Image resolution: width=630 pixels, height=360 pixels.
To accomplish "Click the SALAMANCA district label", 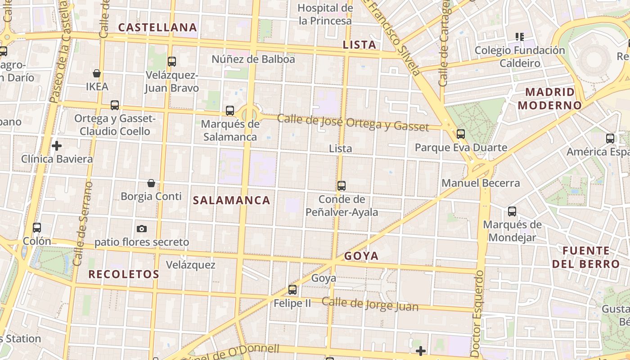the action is point(232,201).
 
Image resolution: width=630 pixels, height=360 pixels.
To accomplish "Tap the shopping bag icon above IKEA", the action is point(97,73).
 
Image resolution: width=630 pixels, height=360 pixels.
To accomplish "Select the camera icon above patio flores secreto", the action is point(142,229).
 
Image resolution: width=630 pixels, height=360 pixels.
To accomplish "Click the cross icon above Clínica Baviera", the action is point(57,146).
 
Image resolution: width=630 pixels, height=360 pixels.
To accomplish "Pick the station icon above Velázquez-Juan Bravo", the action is point(171,62).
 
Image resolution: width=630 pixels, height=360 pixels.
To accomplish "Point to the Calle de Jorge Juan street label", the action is point(370,305).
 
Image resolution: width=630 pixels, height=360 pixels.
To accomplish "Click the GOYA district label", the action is point(361,256).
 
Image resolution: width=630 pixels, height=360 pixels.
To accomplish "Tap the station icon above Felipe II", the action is point(292,290).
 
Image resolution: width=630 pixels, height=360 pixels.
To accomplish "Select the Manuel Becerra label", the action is point(481,183).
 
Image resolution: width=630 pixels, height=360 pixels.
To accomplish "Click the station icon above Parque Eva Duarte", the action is point(460,134).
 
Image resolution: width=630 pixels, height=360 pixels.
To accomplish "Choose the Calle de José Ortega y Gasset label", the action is point(353,122).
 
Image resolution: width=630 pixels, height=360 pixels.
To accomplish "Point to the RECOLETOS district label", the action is point(124,274).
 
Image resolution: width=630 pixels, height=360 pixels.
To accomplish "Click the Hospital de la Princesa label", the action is point(325,14).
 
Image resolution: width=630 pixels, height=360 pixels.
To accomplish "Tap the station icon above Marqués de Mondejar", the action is point(512,211).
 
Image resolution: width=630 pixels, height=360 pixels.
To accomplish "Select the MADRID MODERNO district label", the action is point(549,99).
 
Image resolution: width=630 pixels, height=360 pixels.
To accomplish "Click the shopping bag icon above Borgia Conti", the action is point(151,183).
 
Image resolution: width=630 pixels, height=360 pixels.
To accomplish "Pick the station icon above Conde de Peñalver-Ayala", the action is point(342,185).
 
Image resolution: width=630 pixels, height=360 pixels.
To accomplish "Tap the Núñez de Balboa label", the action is point(253,59).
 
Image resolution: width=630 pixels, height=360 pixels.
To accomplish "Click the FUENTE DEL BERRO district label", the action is point(586,257).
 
